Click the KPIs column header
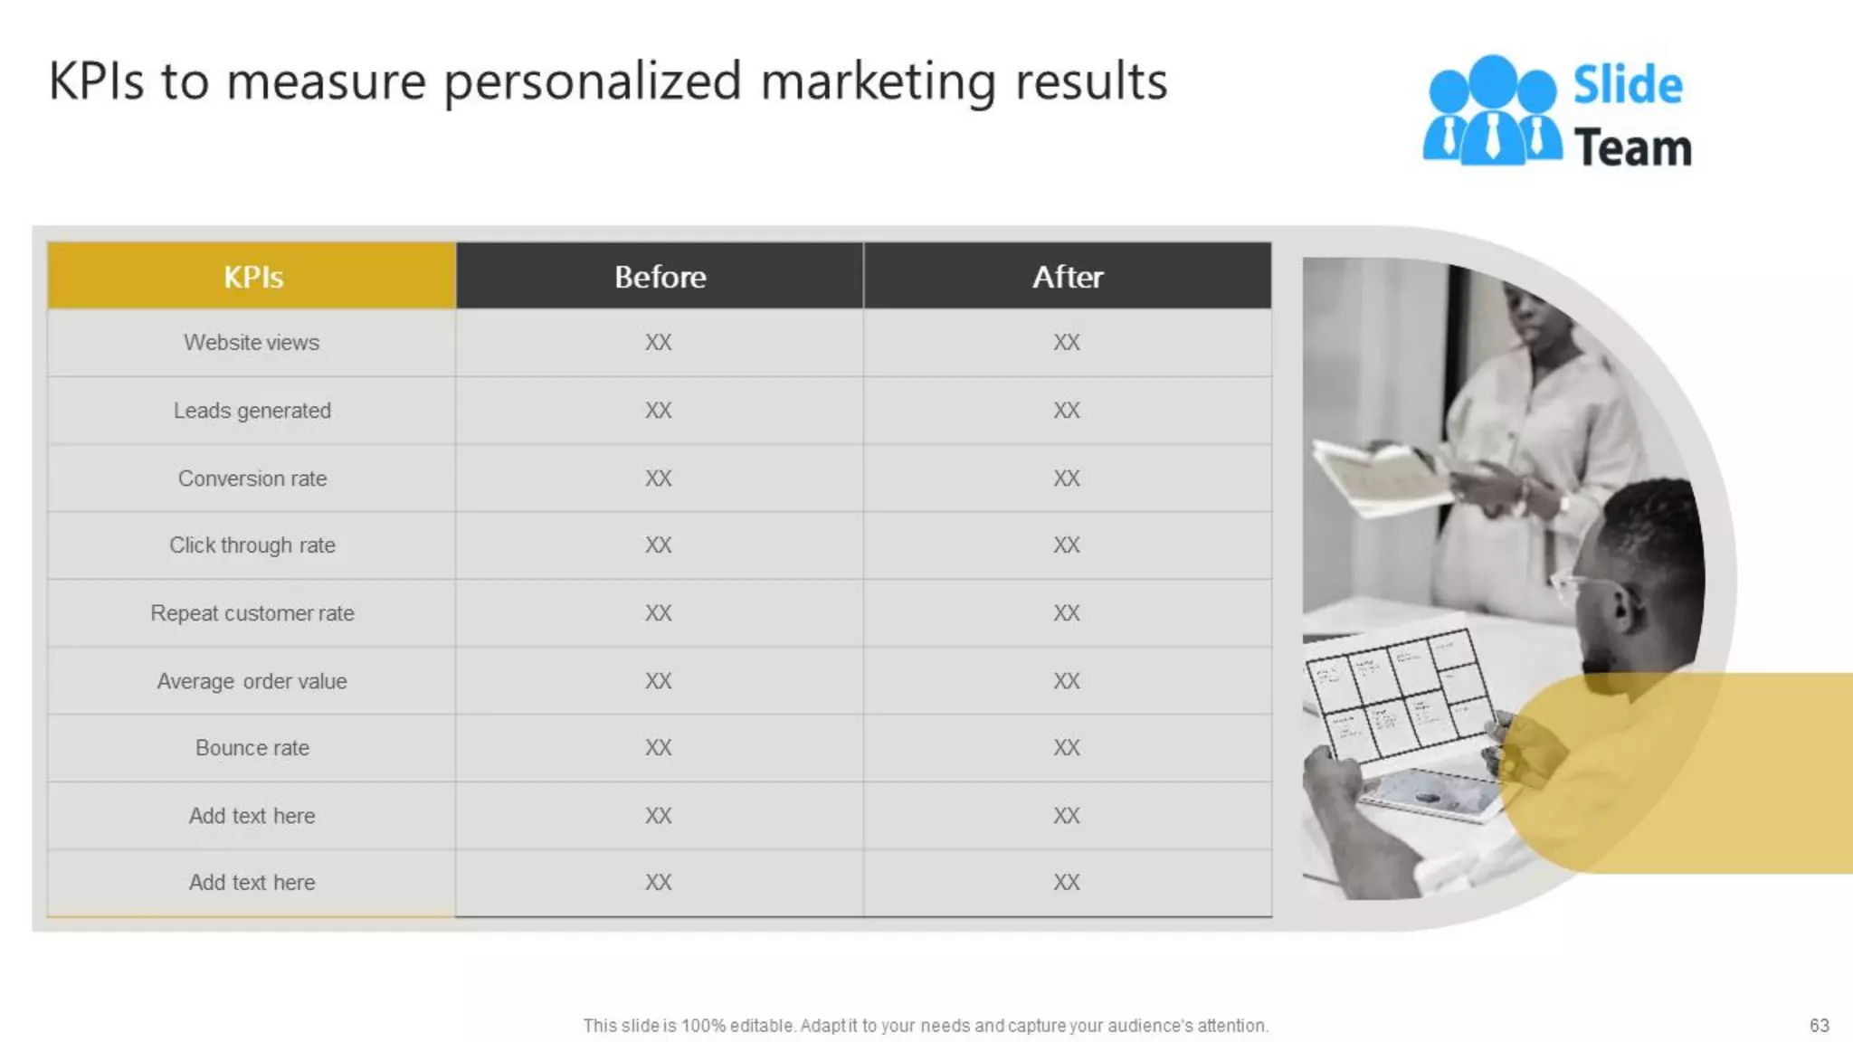tap(252, 276)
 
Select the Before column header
tap(660, 276)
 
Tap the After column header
tap(1068, 276)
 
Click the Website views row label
tap(252, 343)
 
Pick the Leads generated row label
tap(252, 411)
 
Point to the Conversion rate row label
tap(252, 478)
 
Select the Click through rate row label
tap(252, 545)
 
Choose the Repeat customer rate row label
tap(252, 613)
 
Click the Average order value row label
tap(252, 681)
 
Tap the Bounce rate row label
tap(252, 748)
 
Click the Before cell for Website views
tap(659, 343)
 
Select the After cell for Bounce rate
tap(1067, 748)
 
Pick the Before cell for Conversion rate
tap(659, 478)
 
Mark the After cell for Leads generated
tap(1067, 411)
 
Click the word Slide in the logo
tap(1628, 86)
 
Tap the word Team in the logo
tap(1632, 147)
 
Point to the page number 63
tap(1819, 1025)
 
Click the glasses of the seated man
tap(1579, 583)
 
